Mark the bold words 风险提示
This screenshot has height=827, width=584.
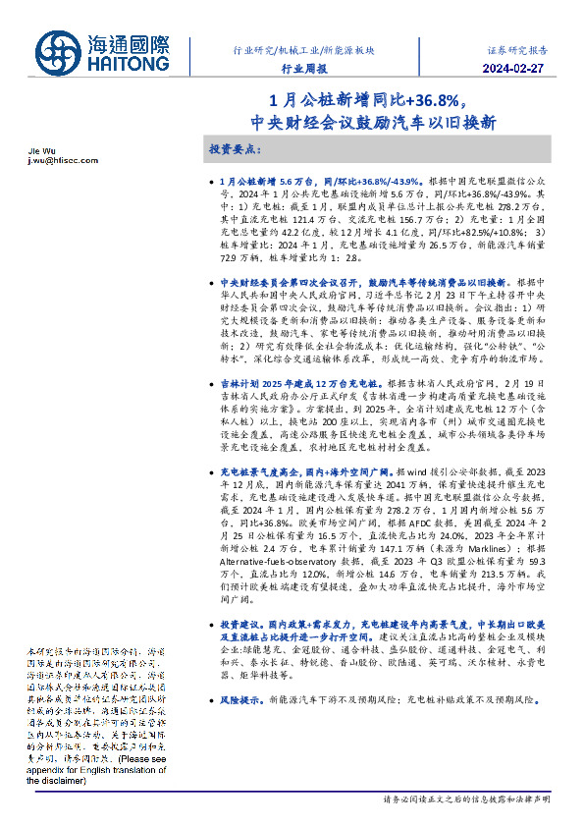click(239, 699)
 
